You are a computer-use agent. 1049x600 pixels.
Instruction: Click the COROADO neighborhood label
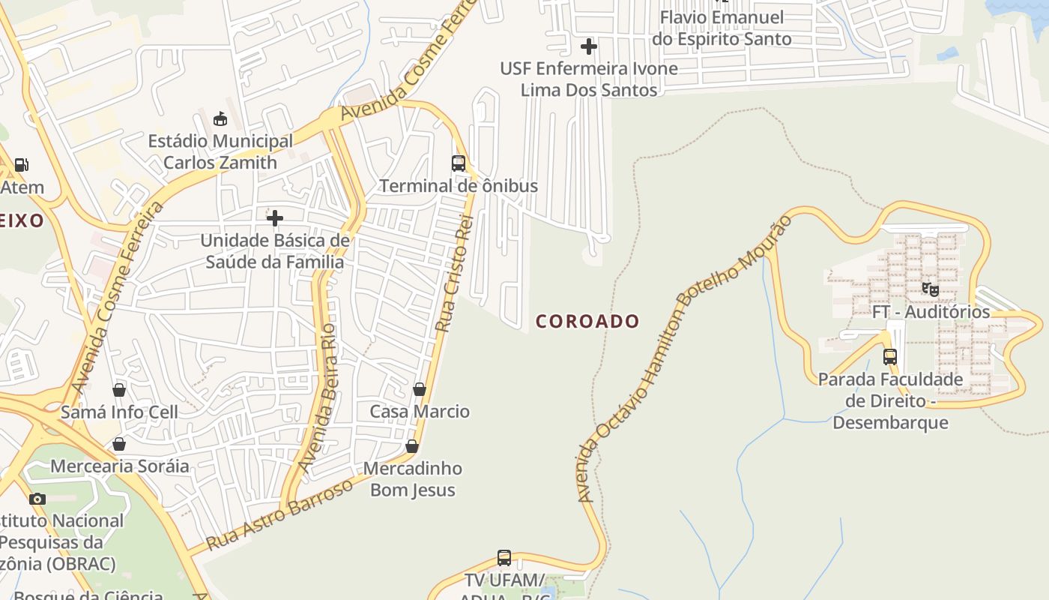[x=587, y=321]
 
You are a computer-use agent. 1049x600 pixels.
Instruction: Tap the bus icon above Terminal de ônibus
[x=458, y=163]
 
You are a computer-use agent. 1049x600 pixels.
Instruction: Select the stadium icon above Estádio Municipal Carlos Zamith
[x=220, y=118]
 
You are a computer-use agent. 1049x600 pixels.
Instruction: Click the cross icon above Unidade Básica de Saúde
[x=275, y=218]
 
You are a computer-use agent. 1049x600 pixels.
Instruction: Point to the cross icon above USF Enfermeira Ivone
[x=589, y=46]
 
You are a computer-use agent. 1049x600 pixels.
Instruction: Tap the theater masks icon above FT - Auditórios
[x=930, y=289]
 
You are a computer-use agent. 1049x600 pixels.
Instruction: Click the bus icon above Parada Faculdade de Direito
[x=890, y=357]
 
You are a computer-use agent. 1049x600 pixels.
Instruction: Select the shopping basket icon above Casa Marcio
[x=420, y=389]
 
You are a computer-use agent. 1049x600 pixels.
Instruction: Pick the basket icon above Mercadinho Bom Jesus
[x=412, y=446]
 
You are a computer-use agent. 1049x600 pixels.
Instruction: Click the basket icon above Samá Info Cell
[x=119, y=390]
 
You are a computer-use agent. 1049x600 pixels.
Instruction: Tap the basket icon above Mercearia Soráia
[x=119, y=444]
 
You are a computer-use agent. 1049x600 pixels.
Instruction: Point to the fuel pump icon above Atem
[x=22, y=165]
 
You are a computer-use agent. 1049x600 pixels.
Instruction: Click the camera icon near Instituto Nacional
[x=37, y=499]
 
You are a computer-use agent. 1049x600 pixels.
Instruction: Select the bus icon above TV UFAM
[x=504, y=558]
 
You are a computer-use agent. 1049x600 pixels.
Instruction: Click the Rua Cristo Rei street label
[x=455, y=273]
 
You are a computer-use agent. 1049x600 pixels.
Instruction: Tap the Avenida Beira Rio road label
[x=317, y=397]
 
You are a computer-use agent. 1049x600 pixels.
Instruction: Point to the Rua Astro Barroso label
[x=279, y=514]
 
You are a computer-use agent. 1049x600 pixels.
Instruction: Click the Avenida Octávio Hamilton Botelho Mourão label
[x=683, y=360]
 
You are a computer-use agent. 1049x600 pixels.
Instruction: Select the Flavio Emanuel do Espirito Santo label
[x=722, y=28]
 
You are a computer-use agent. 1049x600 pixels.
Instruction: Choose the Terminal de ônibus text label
[x=458, y=185]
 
